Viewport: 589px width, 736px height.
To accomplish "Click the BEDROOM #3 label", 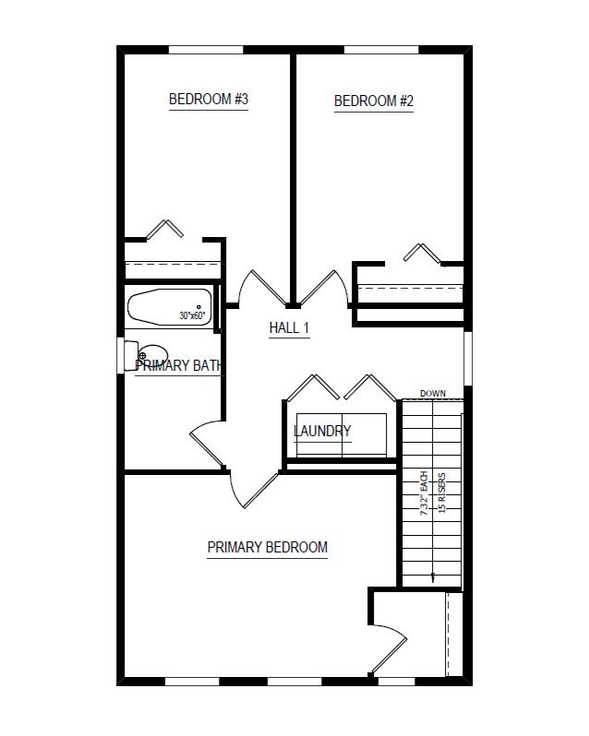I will pyautogui.click(x=209, y=100).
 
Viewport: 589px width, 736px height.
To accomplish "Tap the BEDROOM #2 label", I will pyautogui.click(x=373, y=101).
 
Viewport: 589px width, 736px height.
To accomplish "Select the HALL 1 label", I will pyautogui.click(x=289, y=328).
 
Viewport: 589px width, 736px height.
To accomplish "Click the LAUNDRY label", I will pyautogui.click(x=322, y=431).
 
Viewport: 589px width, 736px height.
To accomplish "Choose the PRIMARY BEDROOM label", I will pyautogui.click(x=267, y=547).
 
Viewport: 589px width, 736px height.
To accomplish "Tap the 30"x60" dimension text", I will pyautogui.click(x=192, y=316).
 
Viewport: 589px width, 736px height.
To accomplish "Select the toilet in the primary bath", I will pyautogui.click(x=151, y=353).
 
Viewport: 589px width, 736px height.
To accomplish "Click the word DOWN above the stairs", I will pyautogui.click(x=432, y=394).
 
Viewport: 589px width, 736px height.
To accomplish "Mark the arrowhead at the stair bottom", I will pyautogui.click(x=432, y=577).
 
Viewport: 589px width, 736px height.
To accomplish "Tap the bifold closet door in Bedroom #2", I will pyautogui.click(x=420, y=252).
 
